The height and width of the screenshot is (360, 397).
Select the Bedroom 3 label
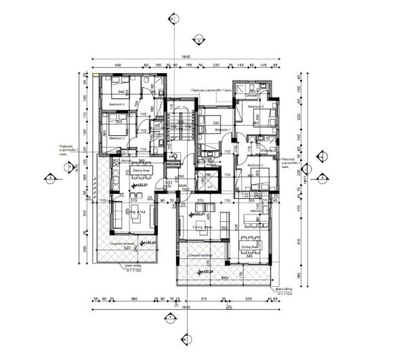[x=255, y=165]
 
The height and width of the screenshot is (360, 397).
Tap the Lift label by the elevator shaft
[x=211, y=185]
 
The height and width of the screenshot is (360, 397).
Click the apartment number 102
[x=184, y=189]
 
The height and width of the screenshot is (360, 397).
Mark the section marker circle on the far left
[x=49, y=179]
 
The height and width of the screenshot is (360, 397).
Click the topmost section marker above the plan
[x=176, y=18]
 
